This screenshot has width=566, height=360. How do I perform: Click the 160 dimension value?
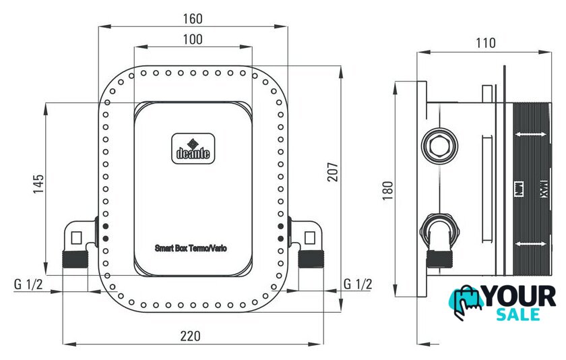193,18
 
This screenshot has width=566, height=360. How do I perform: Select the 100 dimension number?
193,39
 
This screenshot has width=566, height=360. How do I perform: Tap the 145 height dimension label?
38,184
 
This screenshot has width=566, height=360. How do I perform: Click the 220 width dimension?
193,335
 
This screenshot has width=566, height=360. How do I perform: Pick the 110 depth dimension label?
485,43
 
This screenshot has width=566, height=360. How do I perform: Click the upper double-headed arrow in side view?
531,136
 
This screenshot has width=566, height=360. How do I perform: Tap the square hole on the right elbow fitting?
309,236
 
